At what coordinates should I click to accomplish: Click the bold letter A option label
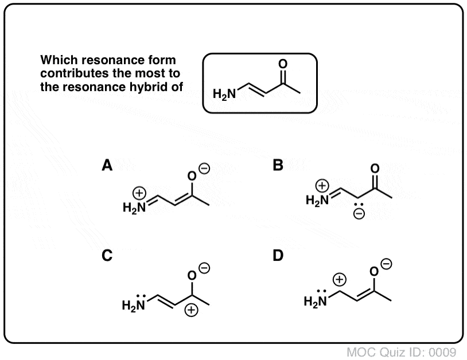click(107, 166)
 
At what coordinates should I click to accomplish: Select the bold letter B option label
click(278, 166)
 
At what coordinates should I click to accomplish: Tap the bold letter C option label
click(107, 257)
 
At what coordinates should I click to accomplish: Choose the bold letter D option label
click(278, 257)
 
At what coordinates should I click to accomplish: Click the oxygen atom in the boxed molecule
click(282, 64)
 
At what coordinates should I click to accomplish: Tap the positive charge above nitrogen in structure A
click(139, 193)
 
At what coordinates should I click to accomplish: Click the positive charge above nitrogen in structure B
click(324, 185)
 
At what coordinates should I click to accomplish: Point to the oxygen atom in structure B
click(375, 168)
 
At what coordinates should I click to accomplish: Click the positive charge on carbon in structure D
click(340, 280)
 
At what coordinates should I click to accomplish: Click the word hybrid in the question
click(153, 87)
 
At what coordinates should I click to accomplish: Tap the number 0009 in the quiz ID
click(442, 351)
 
